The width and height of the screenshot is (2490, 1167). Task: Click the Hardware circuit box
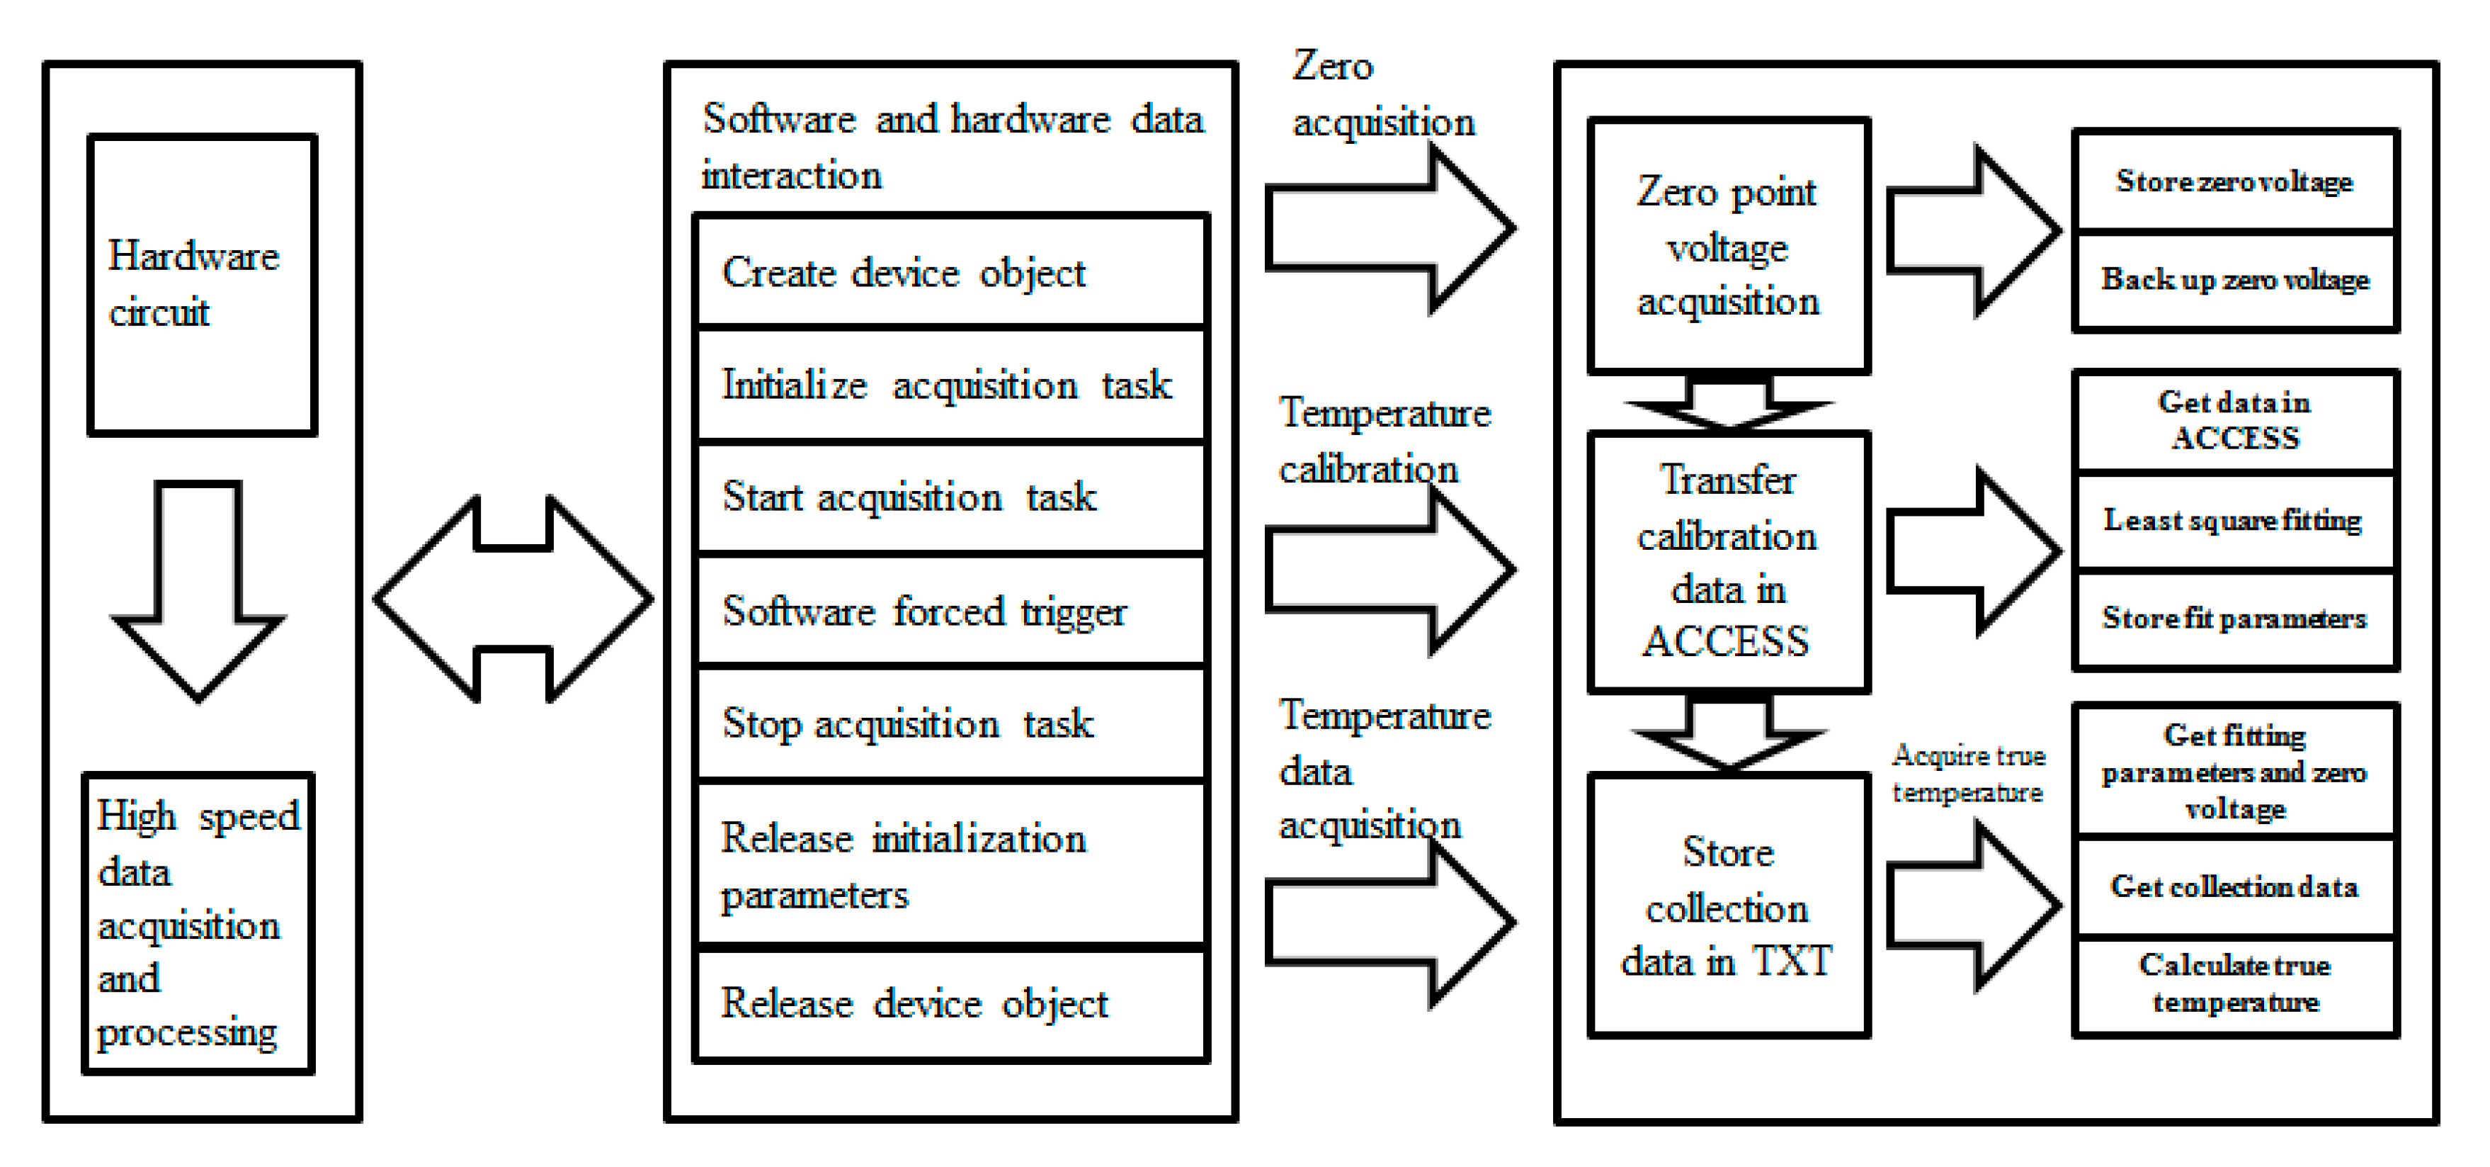202,286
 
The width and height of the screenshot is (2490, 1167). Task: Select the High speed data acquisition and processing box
198,923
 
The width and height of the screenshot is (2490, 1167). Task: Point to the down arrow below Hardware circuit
198,590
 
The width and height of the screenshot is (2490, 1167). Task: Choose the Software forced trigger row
951,611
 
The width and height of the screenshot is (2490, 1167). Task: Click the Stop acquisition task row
951,724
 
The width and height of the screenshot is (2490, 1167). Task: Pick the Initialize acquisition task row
951,385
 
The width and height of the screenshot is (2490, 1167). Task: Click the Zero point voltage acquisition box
1728,247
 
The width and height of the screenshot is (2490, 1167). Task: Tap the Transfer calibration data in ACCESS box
1728,560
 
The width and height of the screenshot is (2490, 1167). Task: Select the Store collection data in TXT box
1728,906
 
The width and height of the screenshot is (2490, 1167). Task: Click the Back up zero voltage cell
2235,281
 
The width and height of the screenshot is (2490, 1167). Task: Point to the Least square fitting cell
2235,521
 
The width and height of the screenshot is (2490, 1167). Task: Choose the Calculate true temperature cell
2235,983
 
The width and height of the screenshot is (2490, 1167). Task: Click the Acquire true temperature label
1968,774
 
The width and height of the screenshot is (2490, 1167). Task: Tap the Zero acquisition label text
1382,95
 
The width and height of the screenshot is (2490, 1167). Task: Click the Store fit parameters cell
2235,619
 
